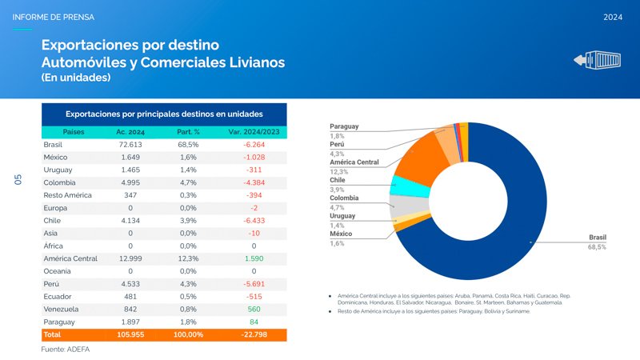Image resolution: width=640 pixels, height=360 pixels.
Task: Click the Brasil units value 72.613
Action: [x=130, y=145]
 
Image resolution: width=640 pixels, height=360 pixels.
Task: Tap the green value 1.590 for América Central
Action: [x=254, y=258]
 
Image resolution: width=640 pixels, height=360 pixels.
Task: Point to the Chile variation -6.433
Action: [x=253, y=220]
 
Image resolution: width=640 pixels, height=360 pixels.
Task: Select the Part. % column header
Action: [x=188, y=131]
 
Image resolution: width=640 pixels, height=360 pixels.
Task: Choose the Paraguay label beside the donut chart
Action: [x=344, y=126]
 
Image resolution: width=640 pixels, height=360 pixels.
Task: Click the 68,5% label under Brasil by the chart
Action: [x=597, y=247]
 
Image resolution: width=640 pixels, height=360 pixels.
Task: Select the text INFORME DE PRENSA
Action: [x=54, y=17]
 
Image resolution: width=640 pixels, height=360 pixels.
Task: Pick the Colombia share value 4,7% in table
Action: [x=188, y=182]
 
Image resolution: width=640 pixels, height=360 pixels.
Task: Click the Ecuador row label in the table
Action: [x=57, y=296]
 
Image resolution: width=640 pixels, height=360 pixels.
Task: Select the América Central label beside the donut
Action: [x=354, y=162]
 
